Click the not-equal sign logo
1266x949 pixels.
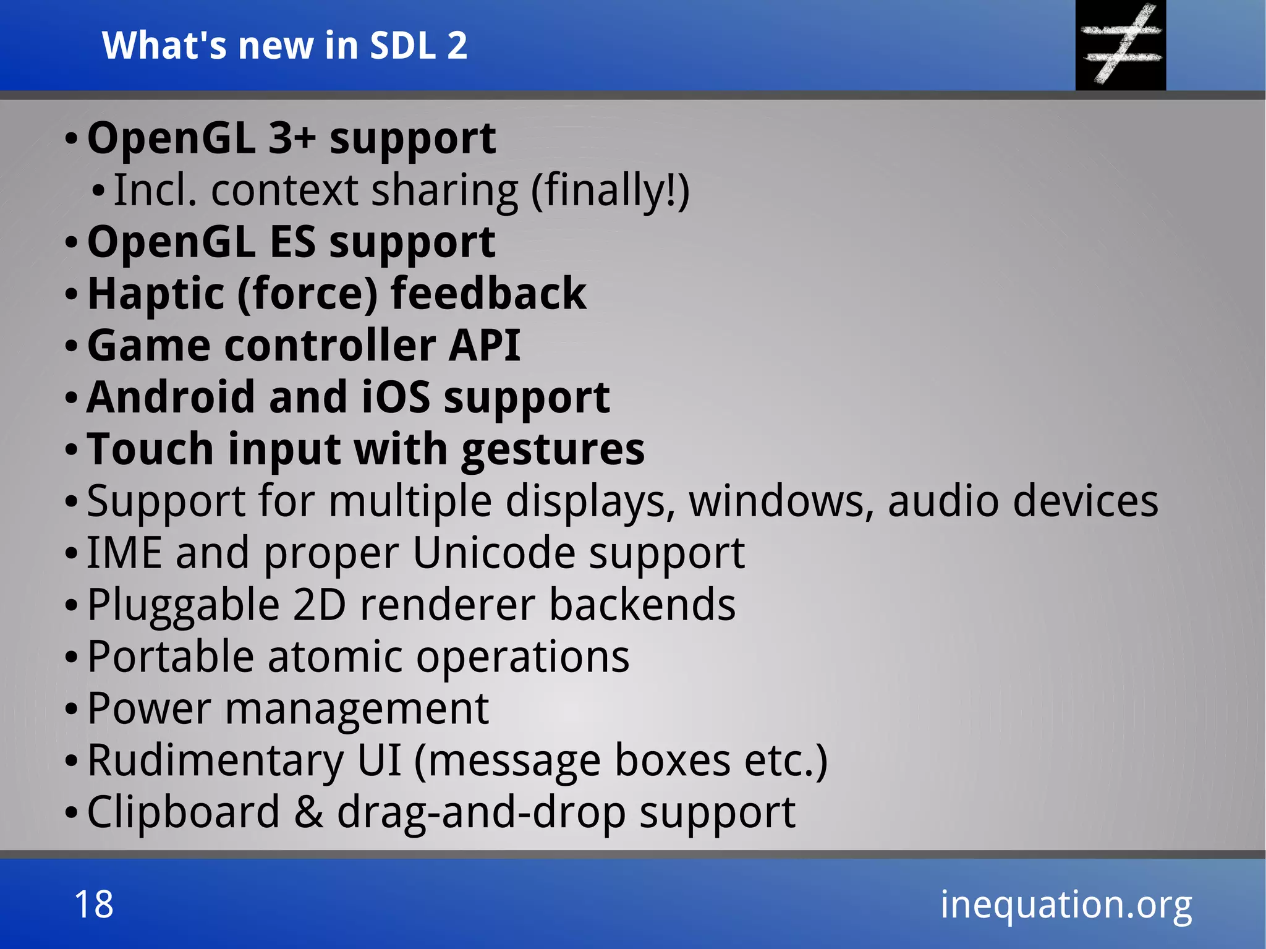pos(1120,45)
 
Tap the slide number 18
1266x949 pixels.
pos(94,904)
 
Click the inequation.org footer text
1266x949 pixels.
pos(1066,904)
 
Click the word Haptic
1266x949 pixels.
pos(155,294)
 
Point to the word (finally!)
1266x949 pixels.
pos(610,190)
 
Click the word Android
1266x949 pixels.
pos(171,397)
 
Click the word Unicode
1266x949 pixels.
pos(493,553)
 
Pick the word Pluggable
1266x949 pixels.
pos(183,606)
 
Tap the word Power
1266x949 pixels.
pos(149,709)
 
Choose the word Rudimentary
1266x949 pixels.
pos(215,760)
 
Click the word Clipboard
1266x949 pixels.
pos(183,812)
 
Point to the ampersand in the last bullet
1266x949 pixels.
pos(308,812)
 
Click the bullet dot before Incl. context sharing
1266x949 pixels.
pos(98,192)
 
